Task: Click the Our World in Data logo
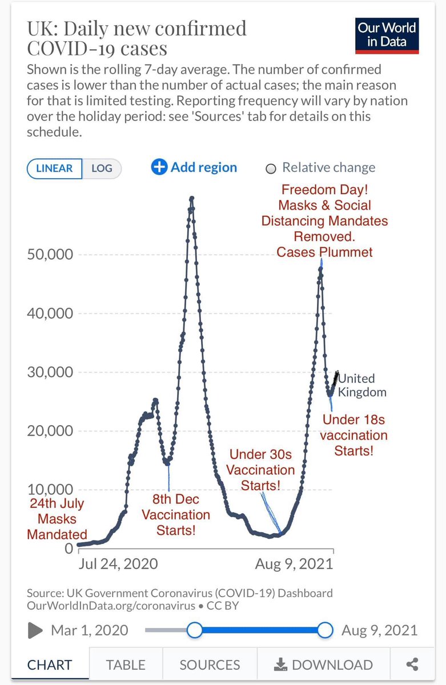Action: tap(387, 36)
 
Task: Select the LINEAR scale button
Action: tap(54, 168)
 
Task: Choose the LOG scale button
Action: tap(102, 168)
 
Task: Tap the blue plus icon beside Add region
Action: tap(159, 167)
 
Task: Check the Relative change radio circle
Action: tap(271, 168)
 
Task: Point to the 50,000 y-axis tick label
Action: tap(50, 255)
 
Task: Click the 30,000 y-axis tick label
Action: tap(50, 372)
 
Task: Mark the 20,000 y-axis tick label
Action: tap(50, 431)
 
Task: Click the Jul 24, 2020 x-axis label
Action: tap(118, 563)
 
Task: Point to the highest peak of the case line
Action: tap(192, 198)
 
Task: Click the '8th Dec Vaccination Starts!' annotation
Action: tap(176, 515)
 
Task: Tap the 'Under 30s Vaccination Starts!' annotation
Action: tap(260, 470)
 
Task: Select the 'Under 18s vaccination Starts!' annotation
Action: tap(354, 435)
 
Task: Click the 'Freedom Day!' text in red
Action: tap(324, 190)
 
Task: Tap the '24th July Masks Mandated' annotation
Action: tap(57, 519)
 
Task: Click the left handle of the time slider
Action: tap(195, 630)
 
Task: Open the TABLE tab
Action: tap(126, 665)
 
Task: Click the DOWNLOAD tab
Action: tap(323, 665)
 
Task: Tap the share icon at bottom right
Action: tap(412, 664)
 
